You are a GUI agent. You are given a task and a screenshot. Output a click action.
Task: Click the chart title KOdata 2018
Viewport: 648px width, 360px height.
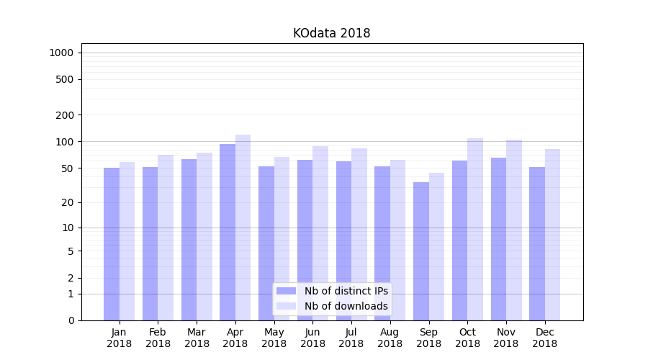(x=331, y=33)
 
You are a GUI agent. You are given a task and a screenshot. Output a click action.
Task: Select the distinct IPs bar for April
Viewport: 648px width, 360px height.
(x=228, y=230)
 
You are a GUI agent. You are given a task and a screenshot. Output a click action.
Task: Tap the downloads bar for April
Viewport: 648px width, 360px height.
(x=243, y=227)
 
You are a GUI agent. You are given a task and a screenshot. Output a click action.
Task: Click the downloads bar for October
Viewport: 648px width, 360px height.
(x=475, y=229)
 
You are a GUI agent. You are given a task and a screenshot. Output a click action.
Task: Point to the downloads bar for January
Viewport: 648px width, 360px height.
(x=127, y=241)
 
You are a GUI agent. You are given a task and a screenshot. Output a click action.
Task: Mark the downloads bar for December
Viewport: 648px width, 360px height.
(x=552, y=234)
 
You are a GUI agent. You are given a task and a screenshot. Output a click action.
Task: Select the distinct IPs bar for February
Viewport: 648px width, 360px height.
(x=150, y=243)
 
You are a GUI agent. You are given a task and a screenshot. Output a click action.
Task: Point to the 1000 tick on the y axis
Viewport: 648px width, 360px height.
(x=61, y=53)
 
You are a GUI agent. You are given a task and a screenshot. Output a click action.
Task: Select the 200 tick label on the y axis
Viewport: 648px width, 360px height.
(x=65, y=115)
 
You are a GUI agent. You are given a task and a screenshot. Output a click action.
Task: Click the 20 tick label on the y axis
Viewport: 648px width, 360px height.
(x=68, y=202)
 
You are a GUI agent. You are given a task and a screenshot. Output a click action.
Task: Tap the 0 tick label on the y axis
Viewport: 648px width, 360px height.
(x=71, y=320)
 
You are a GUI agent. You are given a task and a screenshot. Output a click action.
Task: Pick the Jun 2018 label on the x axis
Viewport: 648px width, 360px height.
(x=312, y=338)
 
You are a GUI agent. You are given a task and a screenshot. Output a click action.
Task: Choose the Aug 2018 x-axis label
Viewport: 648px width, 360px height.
(x=390, y=338)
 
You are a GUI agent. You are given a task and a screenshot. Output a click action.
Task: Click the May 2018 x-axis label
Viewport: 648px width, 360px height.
(x=274, y=338)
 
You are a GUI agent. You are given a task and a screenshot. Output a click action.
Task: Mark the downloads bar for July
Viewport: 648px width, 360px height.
(x=359, y=234)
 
